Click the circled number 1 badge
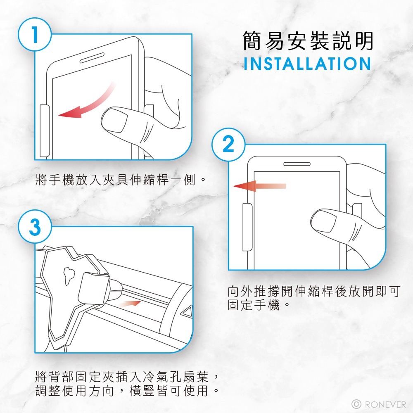[x=35, y=35]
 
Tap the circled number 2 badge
[x=228, y=144]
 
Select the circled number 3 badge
[x=35, y=226]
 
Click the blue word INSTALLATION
[x=307, y=64]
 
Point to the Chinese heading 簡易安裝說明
[x=308, y=40]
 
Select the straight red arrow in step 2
[x=259, y=186]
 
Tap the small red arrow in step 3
[x=130, y=304]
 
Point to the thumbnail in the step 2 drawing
[x=323, y=221]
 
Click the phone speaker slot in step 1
[x=92, y=58]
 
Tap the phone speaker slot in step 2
[x=297, y=164]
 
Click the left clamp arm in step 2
[x=247, y=227]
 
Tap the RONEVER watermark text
[x=385, y=404]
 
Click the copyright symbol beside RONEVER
[x=356, y=404]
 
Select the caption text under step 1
[x=120, y=180]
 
